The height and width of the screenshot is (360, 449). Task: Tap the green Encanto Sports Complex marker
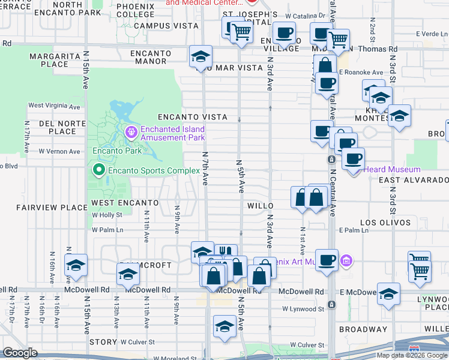(99, 171)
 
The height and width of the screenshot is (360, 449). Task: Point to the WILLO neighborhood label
(261, 205)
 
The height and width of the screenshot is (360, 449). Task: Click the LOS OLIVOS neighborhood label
(385, 223)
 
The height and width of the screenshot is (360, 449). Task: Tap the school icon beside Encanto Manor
(200, 57)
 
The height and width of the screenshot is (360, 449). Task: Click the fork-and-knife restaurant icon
(226, 253)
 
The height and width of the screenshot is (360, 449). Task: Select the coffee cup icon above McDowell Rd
(327, 260)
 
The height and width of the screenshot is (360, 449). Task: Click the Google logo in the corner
(20, 353)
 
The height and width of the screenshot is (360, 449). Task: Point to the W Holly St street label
(106, 214)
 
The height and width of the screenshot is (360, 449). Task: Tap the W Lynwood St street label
(303, 309)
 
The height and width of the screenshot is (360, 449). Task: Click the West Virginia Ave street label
(54, 106)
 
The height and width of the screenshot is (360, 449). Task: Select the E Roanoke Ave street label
(360, 73)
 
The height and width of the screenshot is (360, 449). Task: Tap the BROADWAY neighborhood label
(363, 329)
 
